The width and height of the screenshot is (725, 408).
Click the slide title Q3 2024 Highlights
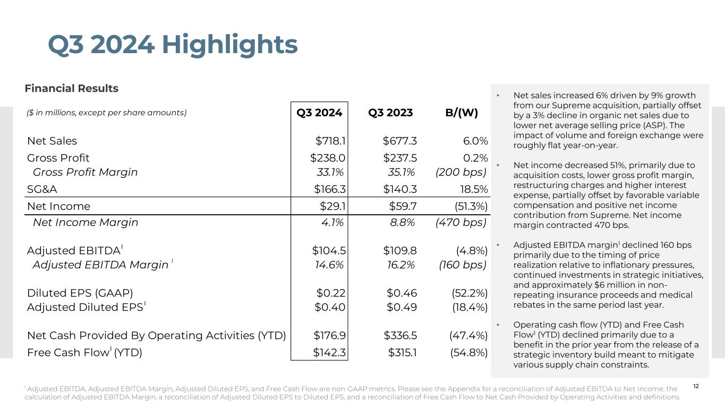[x=173, y=45]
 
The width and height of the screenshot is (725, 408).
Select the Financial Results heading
[x=72, y=88]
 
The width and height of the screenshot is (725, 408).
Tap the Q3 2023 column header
[x=390, y=113]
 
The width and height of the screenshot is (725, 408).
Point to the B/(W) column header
[x=461, y=113]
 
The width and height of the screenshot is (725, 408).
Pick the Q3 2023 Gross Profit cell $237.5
[x=399, y=158]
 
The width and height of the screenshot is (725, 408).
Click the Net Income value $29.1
[x=332, y=206]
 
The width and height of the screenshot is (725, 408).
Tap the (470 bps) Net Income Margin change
[x=460, y=223]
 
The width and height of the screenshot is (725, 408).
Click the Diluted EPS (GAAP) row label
[x=80, y=293]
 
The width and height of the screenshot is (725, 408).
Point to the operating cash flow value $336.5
[x=400, y=336]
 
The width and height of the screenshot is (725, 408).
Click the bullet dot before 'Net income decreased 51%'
[x=498, y=165]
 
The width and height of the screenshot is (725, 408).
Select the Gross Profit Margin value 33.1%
[x=331, y=172]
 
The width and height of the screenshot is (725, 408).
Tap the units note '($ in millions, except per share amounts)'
[x=106, y=113]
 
